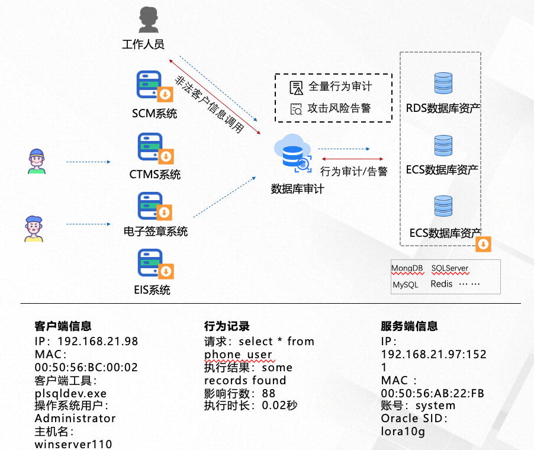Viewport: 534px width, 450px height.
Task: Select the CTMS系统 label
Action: coord(155,175)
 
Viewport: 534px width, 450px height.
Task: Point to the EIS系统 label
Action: coord(152,290)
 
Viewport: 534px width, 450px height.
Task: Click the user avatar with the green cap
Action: coord(37,161)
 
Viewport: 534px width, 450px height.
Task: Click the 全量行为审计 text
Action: coord(340,86)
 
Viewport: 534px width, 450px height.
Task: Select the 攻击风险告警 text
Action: coord(340,108)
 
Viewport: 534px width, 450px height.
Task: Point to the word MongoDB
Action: coord(407,268)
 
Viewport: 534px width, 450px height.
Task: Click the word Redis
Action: coord(442,284)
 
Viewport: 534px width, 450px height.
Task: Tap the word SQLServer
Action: coord(450,268)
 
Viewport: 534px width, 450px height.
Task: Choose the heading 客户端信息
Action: coord(63,326)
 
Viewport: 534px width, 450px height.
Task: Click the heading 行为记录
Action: coord(227,326)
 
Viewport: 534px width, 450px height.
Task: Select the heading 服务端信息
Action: coord(409,326)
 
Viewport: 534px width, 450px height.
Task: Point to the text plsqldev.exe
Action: coord(71,393)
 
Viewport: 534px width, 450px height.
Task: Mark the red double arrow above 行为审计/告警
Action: coord(352,159)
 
